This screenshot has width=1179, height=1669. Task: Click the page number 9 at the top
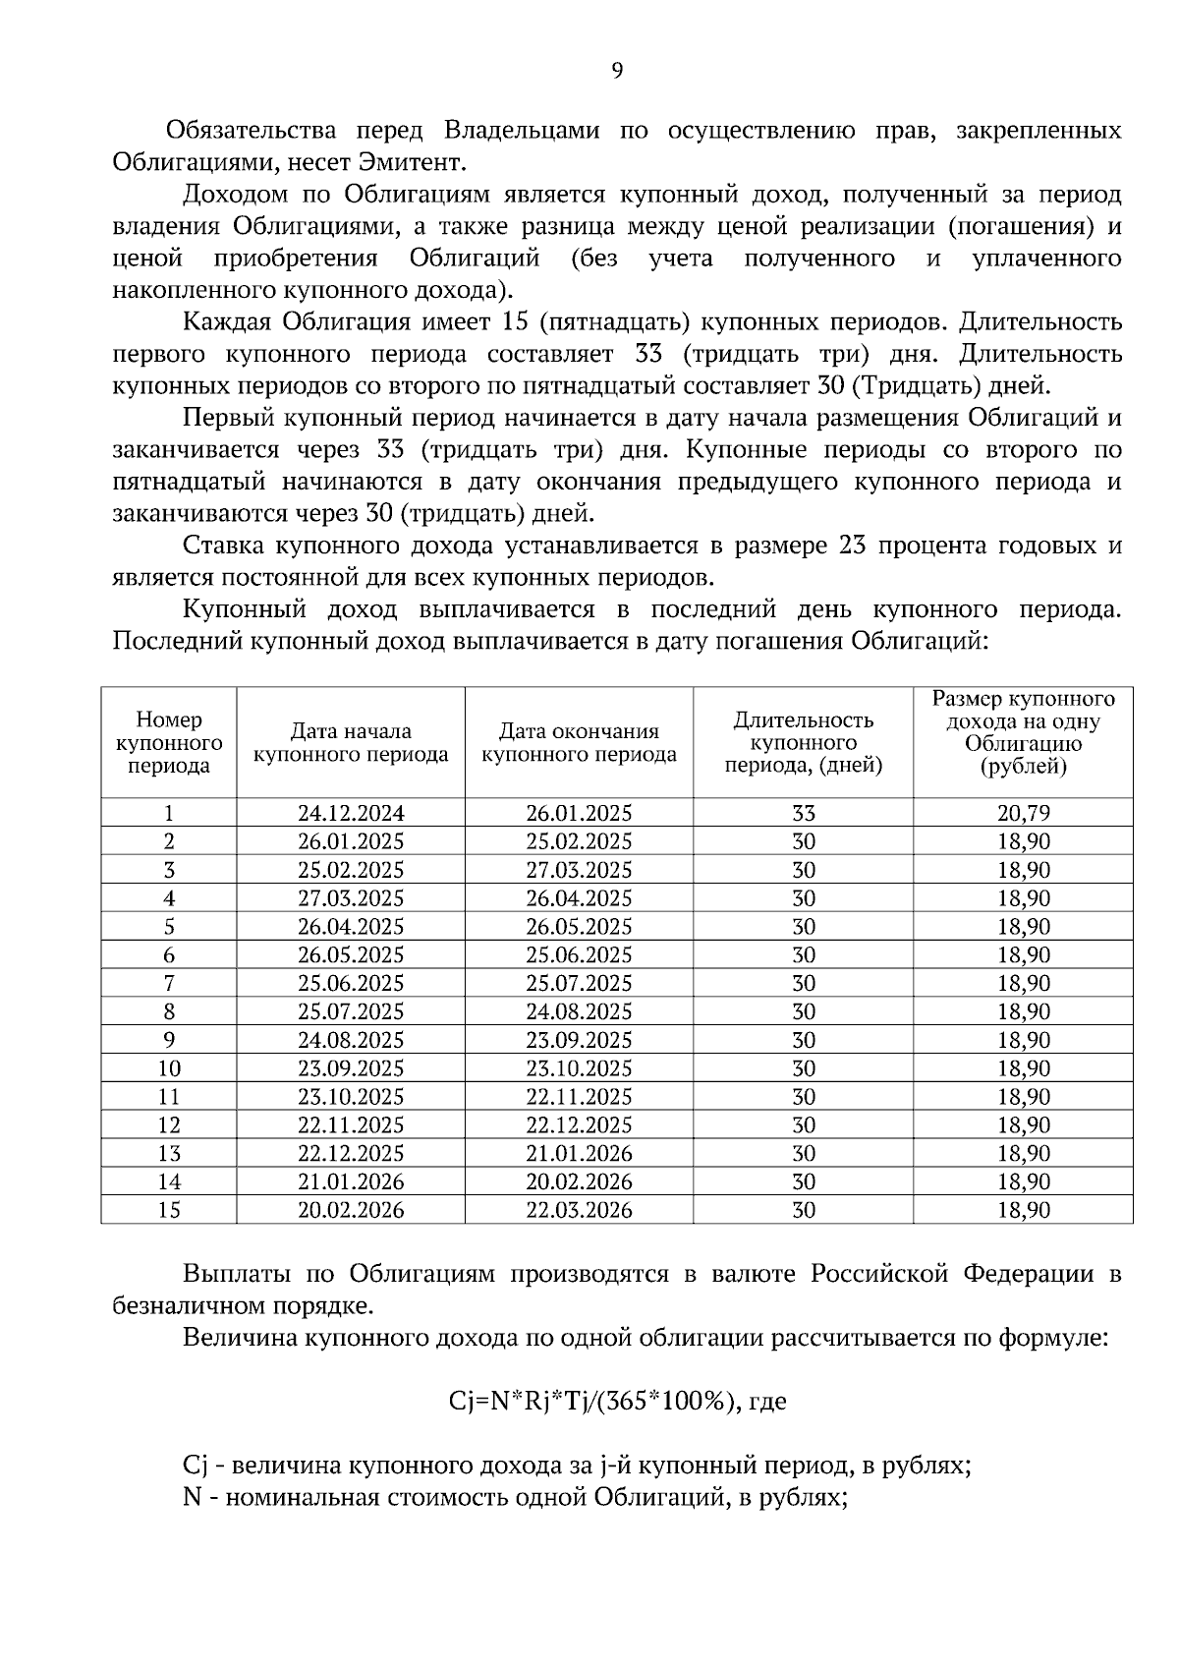pyautogui.click(x=616, y=70)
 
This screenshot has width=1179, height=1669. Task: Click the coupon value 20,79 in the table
pyautogui.click(x=1024, y=814)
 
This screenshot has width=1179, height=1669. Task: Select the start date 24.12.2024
pyautogui.click(x=351, y=814)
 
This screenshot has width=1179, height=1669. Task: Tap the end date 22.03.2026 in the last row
pyautogui.click(x=579, y=1210)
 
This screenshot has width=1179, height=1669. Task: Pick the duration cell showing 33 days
pyautogui.click(x=803, y=814)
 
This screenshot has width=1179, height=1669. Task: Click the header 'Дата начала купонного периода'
pyautogui.click(x=351, y=743)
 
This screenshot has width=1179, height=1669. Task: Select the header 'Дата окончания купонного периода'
pyautogui.click(x=579, y=743)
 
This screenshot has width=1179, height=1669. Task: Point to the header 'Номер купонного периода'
pyautogui.click(x=169, y=743)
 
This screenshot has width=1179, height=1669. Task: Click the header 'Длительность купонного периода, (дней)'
pyautogui.click(x=803, y=743)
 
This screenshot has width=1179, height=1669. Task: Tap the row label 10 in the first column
pyautogui.click(x=169, y=1068)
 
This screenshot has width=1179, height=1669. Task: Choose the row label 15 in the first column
pyautogui.click(x=169, y=1210)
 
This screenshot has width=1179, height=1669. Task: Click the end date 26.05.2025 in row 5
pyautogui.click(x=579, y=927)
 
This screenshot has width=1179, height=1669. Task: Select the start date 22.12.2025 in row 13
pyautogui.click(x=351, y=1154)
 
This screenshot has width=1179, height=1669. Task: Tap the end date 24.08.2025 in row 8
pyautogui.click(x=579, y=1012)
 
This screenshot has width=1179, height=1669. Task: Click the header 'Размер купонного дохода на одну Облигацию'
pyautogui.click(x=1024, y=732)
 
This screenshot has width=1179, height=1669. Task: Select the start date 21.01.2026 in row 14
pyautogui.click(x=351, y=1181)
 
